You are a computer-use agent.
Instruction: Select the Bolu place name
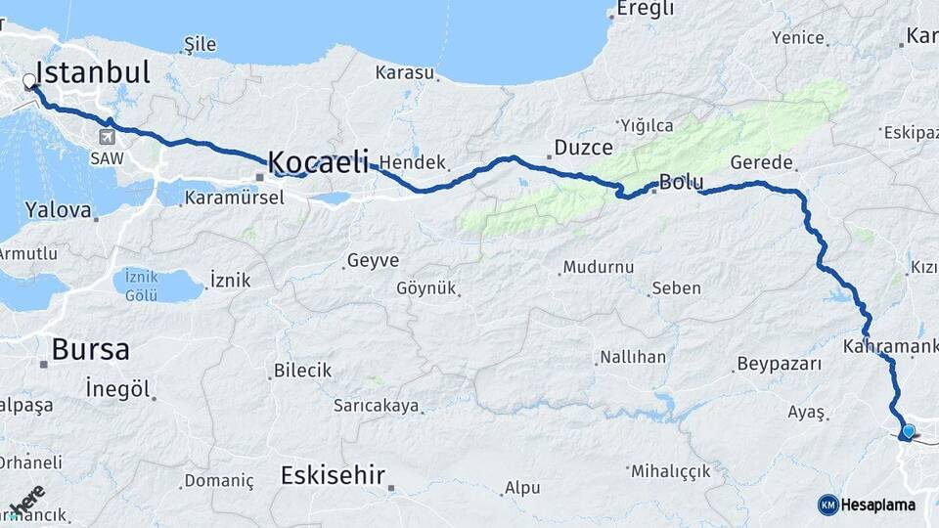pos(682,182)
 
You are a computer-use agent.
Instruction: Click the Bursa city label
pos(90,349)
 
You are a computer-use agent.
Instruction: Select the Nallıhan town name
pos(633,357)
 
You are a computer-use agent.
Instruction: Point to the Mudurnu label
pos(599,267)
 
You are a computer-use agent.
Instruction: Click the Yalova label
pos(58,210)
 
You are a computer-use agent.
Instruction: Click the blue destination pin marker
pos(909,431)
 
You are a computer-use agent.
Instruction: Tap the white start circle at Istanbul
pos(29,83)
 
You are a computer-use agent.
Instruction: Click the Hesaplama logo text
pos(877,505)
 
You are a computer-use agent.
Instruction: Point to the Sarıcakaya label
pos(376,405)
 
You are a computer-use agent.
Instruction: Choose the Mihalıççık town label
pos(671,471)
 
